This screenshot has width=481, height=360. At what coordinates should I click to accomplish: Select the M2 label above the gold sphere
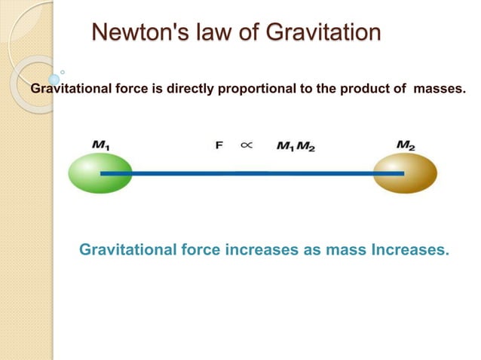[406, 143]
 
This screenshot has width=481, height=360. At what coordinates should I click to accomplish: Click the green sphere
[100, 174]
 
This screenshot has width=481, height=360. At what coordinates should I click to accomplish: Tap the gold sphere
[406, 174]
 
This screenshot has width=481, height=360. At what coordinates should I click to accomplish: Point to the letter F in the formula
[219, 145]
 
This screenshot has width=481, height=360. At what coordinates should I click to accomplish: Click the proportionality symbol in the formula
[246, 145]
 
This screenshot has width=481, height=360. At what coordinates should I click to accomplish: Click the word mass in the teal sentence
[345, 249]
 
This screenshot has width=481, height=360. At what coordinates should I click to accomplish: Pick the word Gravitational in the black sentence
[66, 90]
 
